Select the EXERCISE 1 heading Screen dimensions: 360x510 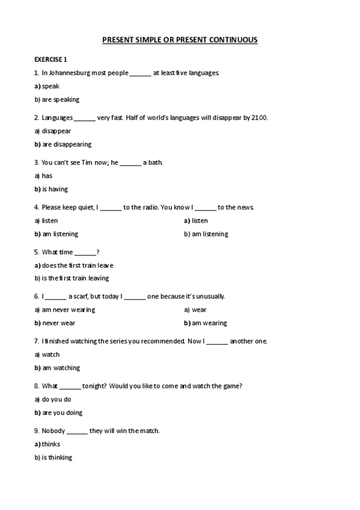[51, 59]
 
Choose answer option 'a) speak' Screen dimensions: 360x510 [47, 86]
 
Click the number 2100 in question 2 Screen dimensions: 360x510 [260, 117]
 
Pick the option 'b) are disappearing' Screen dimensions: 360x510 [63, 144]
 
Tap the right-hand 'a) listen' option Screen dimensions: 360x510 [196, 221]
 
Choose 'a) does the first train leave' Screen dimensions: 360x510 [74, 265]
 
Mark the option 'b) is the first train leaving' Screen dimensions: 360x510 [72, 278]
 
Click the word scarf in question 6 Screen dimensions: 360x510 [79, 296]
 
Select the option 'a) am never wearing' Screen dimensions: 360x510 [65, 310]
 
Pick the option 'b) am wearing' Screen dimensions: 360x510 [206, 323]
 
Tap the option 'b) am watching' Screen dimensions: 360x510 [57, 367]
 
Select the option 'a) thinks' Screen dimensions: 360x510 [47, 444]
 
